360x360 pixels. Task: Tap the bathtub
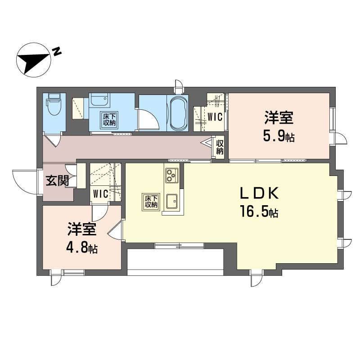point(178,113)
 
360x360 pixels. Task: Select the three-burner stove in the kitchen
point(172,175)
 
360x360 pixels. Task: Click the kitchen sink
point(172,201)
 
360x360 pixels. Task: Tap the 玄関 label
point(58,181)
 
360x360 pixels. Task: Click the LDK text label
point(259,193)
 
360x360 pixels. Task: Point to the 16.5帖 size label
point(259,211)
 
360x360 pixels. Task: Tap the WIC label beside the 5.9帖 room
point(215,117)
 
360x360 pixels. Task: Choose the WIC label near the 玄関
point(100,194)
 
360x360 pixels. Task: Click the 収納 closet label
point(220,147)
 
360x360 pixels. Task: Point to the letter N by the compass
point(57,51)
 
